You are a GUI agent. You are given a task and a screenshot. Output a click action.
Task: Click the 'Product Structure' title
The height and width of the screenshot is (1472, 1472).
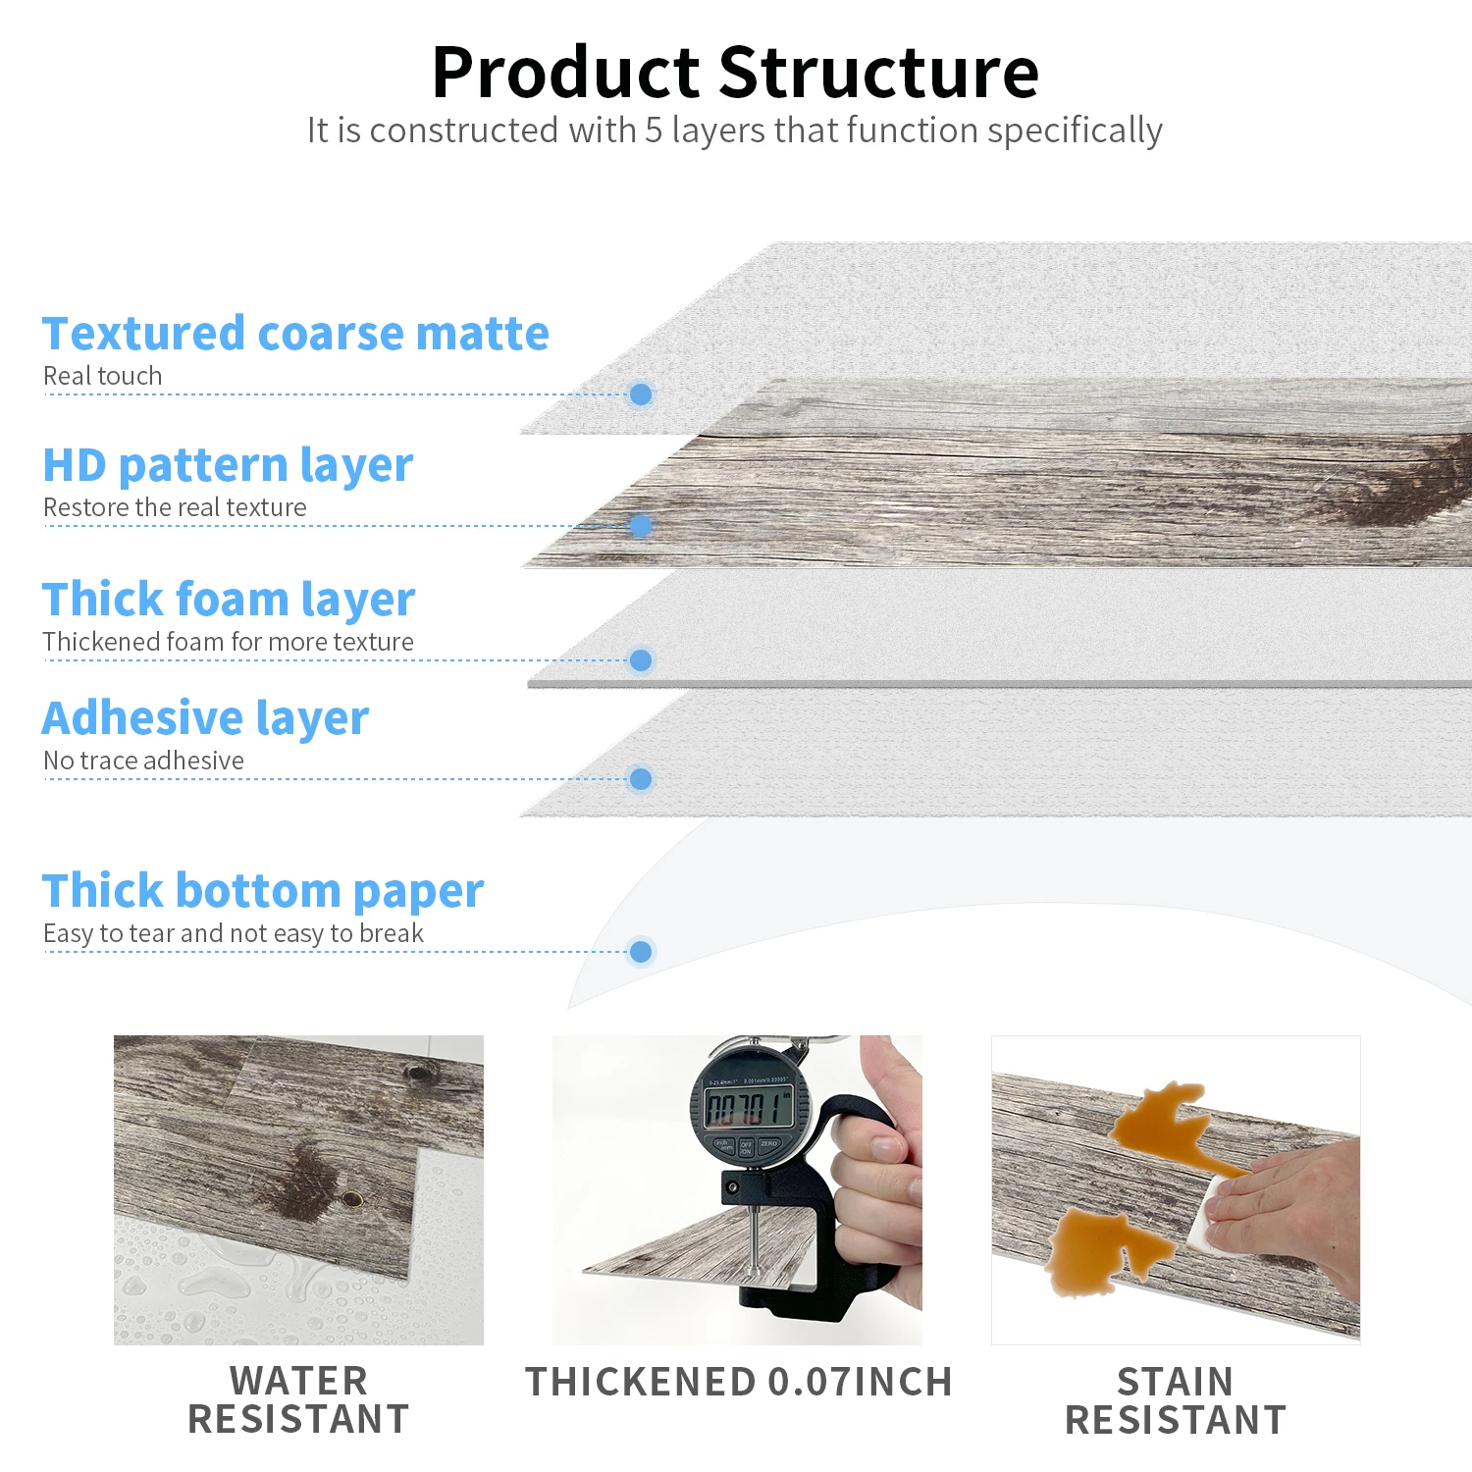[735, 73]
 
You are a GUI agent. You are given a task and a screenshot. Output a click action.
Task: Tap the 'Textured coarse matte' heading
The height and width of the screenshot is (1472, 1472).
[295, 334]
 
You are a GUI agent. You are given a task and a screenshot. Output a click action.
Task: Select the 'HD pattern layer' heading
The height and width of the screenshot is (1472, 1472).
[228, 466]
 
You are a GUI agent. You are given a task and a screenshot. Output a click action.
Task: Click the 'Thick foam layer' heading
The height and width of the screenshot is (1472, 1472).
[229, 600]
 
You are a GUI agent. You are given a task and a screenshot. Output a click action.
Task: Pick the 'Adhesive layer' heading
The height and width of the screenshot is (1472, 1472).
[205, 719]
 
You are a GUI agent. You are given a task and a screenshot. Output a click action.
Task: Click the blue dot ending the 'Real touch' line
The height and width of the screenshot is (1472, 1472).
[641, 394]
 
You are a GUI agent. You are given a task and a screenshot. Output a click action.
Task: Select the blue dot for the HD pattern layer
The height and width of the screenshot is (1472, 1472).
[641, 526]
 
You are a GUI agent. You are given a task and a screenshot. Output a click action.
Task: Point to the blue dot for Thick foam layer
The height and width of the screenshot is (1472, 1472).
[641, 660]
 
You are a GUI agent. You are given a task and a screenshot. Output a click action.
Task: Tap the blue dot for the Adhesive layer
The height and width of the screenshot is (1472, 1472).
[641, 779]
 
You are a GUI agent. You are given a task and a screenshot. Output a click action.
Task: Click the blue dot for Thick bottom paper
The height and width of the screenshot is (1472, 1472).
[641, 952]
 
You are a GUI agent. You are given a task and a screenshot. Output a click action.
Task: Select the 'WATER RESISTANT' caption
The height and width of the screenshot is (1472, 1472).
[298, 1400]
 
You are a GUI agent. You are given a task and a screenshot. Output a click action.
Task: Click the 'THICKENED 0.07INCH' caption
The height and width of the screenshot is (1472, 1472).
[739, 1382]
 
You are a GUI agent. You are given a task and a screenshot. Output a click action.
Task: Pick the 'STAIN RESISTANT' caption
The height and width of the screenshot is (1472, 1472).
[1176, 1401]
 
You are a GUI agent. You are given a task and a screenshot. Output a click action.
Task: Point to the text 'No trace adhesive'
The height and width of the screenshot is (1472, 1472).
[143, 761]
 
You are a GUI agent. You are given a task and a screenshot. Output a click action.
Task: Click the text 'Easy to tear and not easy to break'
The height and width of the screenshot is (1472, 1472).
[234, 933]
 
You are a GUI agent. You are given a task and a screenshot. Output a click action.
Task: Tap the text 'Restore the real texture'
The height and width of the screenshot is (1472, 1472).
[175, 507]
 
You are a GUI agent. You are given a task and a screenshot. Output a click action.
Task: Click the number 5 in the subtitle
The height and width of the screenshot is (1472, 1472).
[654, 131]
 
